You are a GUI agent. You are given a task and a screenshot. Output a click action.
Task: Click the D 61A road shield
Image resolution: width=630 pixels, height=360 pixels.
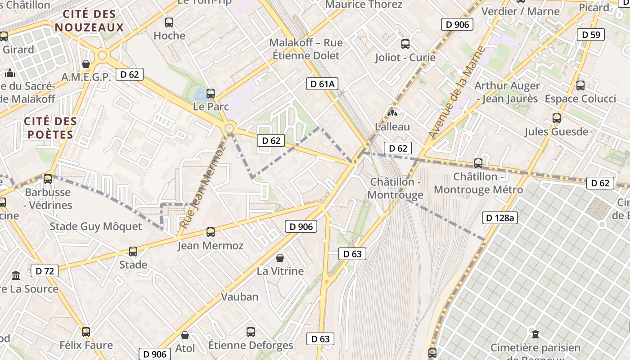pyautogui.click(x=322, y=84)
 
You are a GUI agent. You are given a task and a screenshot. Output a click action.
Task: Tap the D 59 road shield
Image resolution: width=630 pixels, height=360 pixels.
pyautogui.click(x=591, y=35)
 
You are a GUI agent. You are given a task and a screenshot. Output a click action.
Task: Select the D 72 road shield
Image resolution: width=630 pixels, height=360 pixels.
pyautogui.click(x=45, y=271)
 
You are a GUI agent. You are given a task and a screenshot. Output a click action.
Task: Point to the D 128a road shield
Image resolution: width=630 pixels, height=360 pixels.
pyautogui.click(x=500, y=218)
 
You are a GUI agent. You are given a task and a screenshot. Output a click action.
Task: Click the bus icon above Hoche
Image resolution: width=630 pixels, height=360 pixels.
pyautogui.click(x=169, y=22)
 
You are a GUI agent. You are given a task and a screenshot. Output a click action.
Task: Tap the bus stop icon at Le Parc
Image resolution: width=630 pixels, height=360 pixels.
pyautogui.click(x=211, y=94)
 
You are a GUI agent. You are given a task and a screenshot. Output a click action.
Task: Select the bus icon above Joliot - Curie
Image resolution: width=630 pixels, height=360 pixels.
pyautogui.click(x=405, y=44)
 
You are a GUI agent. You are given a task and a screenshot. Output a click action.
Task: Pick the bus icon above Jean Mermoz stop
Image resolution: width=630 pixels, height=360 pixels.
pyautogui.click(x=211, y=232)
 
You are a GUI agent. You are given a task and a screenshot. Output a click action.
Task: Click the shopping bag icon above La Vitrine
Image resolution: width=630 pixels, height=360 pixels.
pyautogui.click(x=280, y=258)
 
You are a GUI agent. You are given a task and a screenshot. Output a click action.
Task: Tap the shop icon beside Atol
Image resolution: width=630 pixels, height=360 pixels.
pyautogui.click(x=184, y=335)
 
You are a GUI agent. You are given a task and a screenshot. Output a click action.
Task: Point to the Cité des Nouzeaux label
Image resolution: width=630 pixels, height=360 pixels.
pyautogui.click(x=89, y=21)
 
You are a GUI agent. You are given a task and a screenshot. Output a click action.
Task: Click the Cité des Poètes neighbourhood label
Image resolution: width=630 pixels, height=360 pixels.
pyautogui.click(x=50, y=128)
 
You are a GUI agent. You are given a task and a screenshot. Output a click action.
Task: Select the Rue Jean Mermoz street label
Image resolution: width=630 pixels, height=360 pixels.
pyautogui.click(x=202, y=187)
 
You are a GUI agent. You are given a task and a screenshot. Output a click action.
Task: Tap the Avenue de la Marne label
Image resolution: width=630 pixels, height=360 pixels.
pyautogui.click(x=457, y=92)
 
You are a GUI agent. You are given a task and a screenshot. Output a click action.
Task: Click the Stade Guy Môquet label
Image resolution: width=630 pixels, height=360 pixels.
pyautogui.click(x=95, y=226)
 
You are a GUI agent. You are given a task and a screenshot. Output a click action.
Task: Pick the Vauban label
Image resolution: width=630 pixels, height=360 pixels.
pyautogui.click(x=240, y=297)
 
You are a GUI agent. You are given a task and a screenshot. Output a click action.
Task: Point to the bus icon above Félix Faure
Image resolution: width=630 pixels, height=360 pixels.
pyautogui.click(x=86, y=332)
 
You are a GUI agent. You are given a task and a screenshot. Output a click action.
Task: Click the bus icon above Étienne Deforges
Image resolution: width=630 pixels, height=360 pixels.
pyautogui.click(x=251, y=332)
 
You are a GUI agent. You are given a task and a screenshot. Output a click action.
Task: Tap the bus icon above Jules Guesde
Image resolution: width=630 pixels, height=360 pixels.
pyautogui.click(x=557, y=118)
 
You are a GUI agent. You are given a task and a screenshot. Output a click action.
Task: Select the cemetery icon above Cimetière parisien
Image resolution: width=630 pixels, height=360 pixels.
pyautogui.click(x=535, y=334)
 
